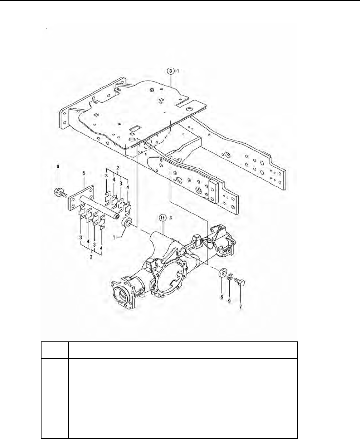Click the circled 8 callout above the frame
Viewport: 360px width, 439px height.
[170, 71]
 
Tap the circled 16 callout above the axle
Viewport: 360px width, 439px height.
[162, 218]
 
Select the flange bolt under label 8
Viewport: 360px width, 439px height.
[60, 193]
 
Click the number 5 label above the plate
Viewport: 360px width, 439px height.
[84, 173]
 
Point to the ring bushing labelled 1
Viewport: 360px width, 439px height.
[126, 222]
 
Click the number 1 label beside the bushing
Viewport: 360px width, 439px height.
[114, 237]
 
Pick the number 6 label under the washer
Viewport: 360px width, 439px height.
[222, 297]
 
